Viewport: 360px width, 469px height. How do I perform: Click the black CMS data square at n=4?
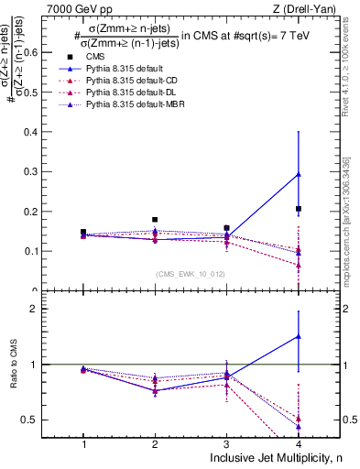299,209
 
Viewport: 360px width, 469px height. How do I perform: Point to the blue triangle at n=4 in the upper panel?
299,174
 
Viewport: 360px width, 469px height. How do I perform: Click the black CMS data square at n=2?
155,220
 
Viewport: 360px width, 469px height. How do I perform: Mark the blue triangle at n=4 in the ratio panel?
299,336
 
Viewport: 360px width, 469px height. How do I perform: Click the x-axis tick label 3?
227,443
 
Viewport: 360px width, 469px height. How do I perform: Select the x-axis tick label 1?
83,443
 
